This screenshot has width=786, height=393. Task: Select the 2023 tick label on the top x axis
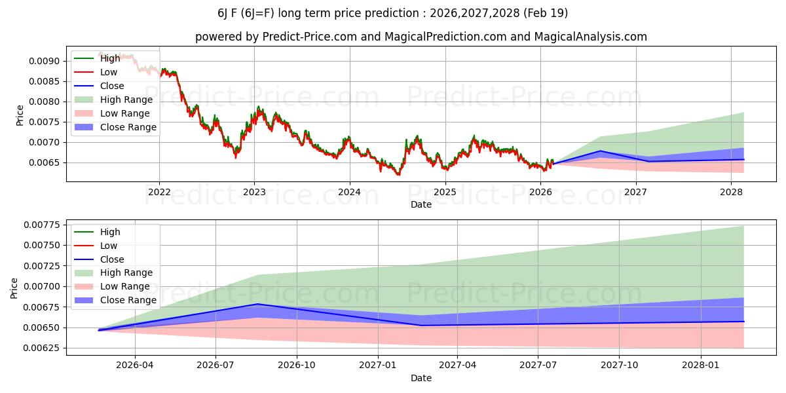pos(254,192)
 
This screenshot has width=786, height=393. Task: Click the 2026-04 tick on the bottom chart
pos(135,365)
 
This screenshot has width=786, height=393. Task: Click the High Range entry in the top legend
pos(126,100)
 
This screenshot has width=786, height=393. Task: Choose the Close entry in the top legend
pos(112,86)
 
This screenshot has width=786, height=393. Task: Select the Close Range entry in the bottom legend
pos(128,300)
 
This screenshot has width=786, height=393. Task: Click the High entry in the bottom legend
pos(110,232)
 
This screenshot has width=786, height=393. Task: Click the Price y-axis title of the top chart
pos(20,115)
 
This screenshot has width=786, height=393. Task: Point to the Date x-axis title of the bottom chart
pos(421,378)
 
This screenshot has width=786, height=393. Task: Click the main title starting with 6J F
pos(392,13)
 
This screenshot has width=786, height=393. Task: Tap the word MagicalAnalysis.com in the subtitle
pos(591,37)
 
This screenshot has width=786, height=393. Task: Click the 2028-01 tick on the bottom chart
pos(701,365)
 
